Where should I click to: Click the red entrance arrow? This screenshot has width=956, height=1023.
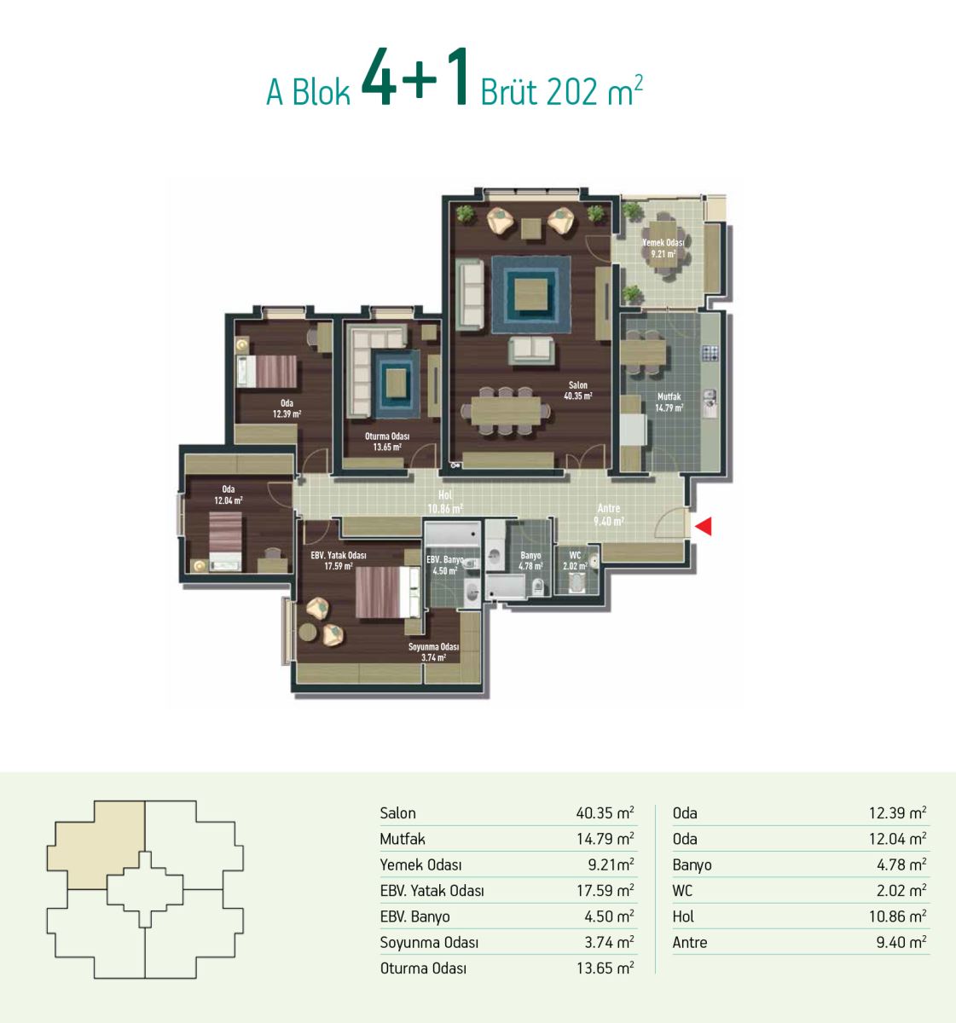704,526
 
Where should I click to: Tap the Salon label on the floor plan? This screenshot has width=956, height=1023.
577,384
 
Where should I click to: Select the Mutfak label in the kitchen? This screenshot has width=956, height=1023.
669,396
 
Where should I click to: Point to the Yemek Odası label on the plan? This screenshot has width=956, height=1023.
663,243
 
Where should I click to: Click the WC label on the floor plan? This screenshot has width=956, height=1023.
575,555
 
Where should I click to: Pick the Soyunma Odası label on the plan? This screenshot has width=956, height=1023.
433,646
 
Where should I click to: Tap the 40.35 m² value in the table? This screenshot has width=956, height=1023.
605,812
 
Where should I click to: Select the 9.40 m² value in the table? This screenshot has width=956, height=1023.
901,942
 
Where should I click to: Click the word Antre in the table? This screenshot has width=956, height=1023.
690,943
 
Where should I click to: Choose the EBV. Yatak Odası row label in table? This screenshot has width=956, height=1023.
432,891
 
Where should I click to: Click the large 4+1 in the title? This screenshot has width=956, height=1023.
415,78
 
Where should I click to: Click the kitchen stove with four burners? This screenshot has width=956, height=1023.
710,353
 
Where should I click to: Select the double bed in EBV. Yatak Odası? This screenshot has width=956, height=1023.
387,592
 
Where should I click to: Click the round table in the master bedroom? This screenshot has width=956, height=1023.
308,632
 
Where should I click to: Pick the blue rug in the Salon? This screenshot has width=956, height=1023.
530,295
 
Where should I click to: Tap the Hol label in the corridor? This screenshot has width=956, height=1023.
445,495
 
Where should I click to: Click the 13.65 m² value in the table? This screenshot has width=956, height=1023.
605,968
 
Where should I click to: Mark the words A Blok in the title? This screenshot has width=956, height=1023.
308,93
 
